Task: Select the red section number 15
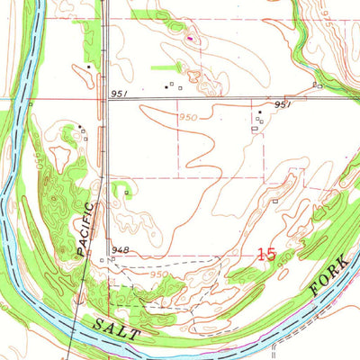pyautogui.click(x=265, y=255)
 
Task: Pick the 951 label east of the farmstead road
pyautogui.click(x=283, y=104)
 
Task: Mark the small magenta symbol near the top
pyautogui.click(x=190, y=39)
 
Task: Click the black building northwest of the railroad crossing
pyautogui.click(x=89, y=67)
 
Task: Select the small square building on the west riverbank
pyautogui.click(x=31, y=103)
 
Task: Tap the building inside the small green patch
pyautogui.click(x=126, y=191)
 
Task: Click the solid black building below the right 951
pyautogui.click(x=260, y=112)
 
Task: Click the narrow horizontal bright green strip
pyautogui.click(x=166, y=67)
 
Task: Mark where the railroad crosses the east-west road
pyautogui.click(x=106, y=98)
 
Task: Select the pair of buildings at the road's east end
pyautogui.click(x=318, y=85)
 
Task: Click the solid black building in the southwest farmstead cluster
pyautogui.click(x=79, y=126)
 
